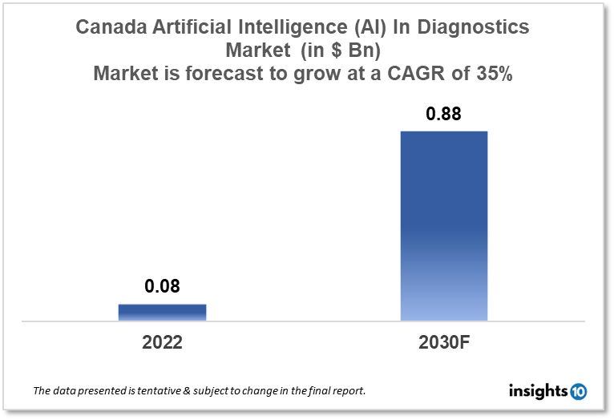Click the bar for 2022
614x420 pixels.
[x=162, y=313]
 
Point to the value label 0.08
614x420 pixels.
[x=162, y=286]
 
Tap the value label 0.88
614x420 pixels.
[x=443, y=114]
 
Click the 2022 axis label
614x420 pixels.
[x=162, y=343]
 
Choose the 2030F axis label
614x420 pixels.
[x=443, y=343]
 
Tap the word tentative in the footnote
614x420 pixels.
[x=164, y=392]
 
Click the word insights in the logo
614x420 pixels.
[x=538, y=391]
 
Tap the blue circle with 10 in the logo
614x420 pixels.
[x=578, y=392]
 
